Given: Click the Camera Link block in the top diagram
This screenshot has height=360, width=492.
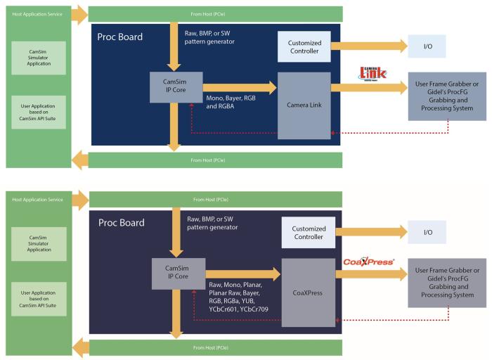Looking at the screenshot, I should (x=304, y=105).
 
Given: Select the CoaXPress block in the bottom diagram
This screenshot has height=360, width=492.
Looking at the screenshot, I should (x=308, y=292).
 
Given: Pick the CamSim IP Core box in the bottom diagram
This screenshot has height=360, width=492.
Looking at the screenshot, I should (x=178, y=273).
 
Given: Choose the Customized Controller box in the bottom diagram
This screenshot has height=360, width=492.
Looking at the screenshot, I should (x=308, y=232).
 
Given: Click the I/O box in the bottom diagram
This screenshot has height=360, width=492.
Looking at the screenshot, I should (x=428, y=231).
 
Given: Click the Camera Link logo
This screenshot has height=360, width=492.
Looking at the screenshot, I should (x=373, y=72).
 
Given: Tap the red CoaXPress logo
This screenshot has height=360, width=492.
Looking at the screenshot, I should (x=369, y=262).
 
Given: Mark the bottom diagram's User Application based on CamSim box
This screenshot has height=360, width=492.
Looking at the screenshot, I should (x=39, y=294).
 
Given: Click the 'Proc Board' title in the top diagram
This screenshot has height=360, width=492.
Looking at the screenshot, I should (x=121, y=35).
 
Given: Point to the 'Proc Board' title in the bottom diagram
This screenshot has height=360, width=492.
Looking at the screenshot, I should (x=121, y=223).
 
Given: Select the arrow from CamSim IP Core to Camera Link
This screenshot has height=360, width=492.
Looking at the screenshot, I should (x=240, y=87).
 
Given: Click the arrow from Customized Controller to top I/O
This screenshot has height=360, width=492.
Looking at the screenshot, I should (x=369, y=46).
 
